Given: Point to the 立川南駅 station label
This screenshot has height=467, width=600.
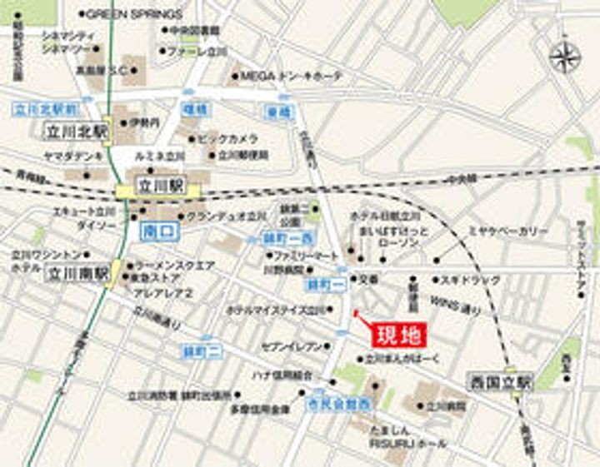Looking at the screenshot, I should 77,273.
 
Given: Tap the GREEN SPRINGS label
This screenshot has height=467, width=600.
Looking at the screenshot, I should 133,14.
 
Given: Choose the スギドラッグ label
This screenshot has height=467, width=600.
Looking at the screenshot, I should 471,281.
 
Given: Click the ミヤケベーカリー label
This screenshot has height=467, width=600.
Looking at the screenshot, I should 507,230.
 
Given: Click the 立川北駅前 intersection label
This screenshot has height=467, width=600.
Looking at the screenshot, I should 47,108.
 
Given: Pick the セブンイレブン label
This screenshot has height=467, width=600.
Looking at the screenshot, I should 292,345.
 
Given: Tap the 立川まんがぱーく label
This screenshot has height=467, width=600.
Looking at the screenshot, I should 404,360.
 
